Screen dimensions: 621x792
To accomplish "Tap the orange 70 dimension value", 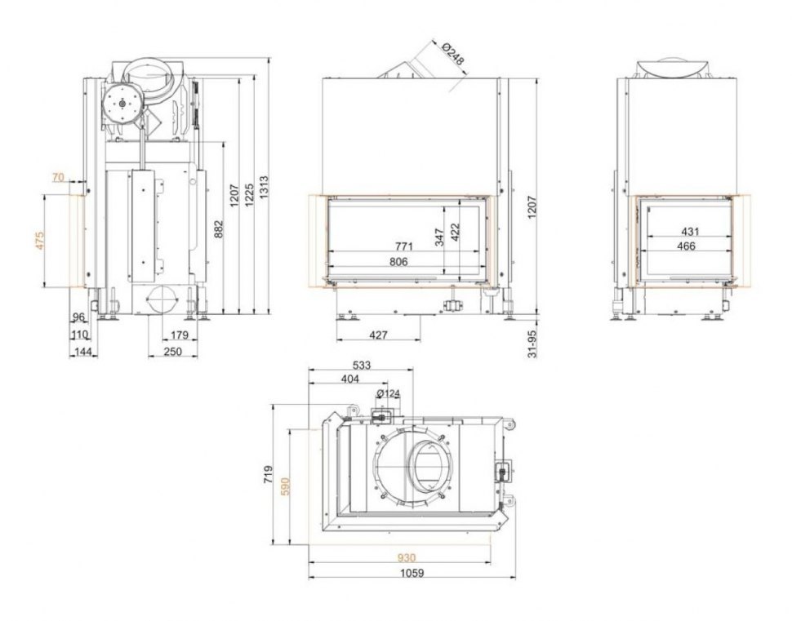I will (57, 176).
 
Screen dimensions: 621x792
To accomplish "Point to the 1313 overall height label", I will (263, 185).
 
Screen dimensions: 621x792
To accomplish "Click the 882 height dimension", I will (218, 229).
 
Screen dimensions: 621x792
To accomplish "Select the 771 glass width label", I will (404, 246).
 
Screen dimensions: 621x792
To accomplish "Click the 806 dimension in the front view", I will (398, 261).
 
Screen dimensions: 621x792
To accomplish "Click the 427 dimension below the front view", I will (377, 335).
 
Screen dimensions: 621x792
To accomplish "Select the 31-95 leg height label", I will (533, 344).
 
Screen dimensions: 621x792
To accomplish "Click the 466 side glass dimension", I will (686, 246).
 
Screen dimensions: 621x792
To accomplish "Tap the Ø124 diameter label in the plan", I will (390, 394).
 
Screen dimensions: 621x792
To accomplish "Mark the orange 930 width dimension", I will (406, 558).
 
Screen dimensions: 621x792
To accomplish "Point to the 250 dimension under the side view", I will (171, 351).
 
